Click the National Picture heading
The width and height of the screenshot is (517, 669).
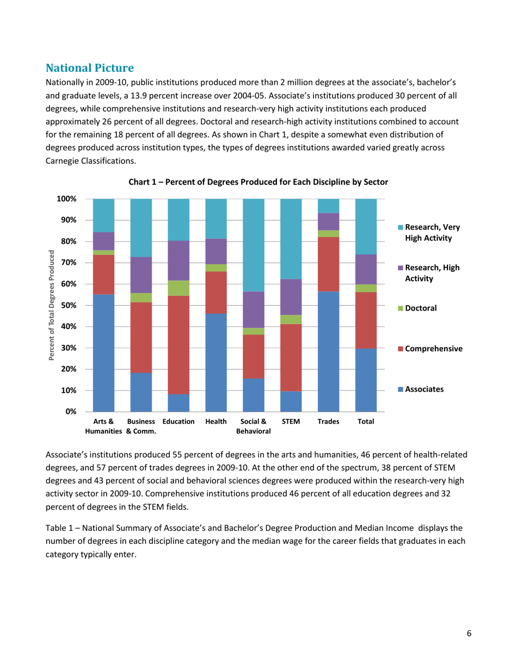pyautogui.click(x=90, y=68)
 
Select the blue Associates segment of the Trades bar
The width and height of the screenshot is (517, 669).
pyautogui.click(x=328, y=351)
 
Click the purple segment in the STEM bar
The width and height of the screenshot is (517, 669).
pyautogui.click(x=291, y=297)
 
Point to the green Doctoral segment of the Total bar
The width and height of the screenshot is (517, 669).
pyautogui.click(x=366, y=288)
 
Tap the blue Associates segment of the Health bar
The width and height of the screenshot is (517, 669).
pyautogui.click(x=216, y=362)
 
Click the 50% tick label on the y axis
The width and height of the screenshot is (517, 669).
pyautogui.click(x=67, y=305)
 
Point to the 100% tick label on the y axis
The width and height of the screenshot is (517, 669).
pyautogui.click(x=65, y=199)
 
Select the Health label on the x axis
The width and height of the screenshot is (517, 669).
pyautogui.click(x=216, y=422)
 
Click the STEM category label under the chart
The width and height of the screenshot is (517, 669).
pyautogui.click(x=291, y=422)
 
